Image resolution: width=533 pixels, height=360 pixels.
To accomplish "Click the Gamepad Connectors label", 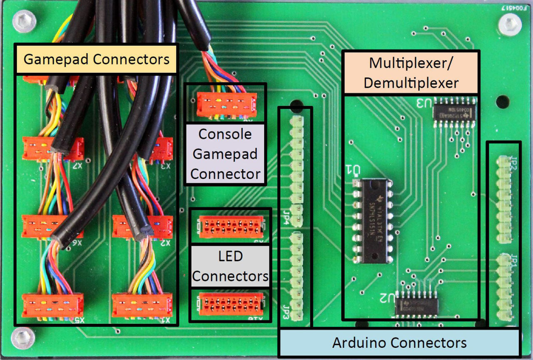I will pyautogui.click(x=97, y=59).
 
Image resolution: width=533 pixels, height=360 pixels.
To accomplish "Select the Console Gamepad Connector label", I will pyautogui.click(x=225, y=154).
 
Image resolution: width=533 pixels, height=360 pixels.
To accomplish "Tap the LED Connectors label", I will pyautogui.click(x=230, y=266).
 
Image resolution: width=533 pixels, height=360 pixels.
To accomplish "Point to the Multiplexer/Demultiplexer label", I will pyautogui.click(x=411, y=73).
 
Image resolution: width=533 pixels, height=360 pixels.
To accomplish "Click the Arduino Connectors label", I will pyautogui.click(x=399, y=343).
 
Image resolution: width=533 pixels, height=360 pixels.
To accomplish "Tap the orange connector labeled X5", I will pyautogui.click(x=53, y=305).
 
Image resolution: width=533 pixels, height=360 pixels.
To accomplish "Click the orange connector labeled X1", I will pyautogui.click(x=142, y=305).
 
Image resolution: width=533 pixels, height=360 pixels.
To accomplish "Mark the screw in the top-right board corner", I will pyautogui.click(x=510, y=25).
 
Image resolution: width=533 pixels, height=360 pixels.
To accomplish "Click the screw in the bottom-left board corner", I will pyautogui.click(x=23, y=337).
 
